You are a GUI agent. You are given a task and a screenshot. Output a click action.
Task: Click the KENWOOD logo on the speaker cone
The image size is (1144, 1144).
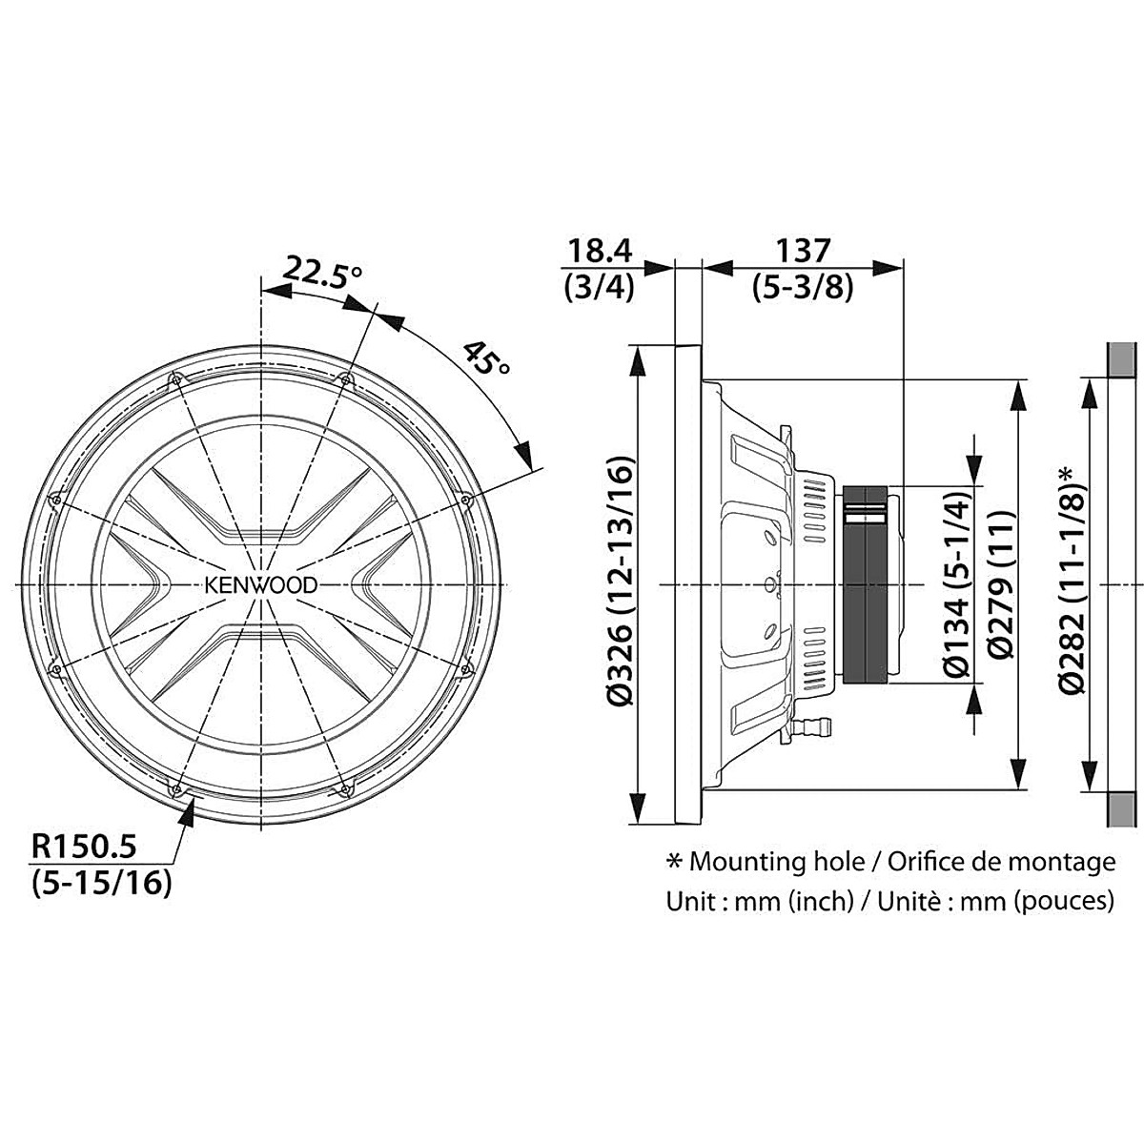tap(258, 583)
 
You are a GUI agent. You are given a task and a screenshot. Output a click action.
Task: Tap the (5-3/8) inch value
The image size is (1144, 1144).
tap(802, 286)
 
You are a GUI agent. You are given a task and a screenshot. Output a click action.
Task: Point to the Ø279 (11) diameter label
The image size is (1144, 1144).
tap(1000, 583)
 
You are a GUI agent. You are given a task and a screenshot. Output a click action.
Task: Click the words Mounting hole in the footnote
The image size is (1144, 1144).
tap(775, 862)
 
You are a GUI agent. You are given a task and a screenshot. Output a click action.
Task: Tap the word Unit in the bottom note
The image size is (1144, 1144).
tap(689, 900)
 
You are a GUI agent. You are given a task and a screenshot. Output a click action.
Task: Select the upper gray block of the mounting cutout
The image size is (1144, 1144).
tap(1123, 360)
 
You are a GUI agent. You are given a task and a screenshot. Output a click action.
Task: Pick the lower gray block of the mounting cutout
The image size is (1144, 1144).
tap(1123, 808)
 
